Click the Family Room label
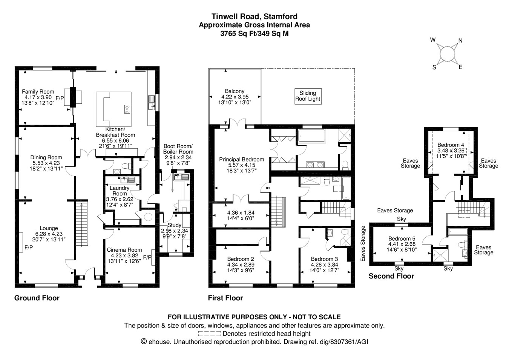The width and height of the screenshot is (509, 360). click(x=38, y=91)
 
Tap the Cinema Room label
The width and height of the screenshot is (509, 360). click(x=124, y=249)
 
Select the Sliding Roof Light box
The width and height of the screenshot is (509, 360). click(x=308, y=96)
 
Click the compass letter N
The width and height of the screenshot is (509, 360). click(x=460, y=41)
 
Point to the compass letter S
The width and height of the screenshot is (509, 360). click(x=434, y=68)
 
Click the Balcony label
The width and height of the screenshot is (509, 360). click(x=235, y=91)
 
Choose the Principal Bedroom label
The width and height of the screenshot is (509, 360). click(x=242, y=159)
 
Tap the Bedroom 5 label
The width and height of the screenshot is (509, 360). click(x=402, y=238)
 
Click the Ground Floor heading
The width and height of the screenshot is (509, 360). click(x=37, y=298)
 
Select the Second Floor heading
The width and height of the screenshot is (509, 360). click(x=391, y=276)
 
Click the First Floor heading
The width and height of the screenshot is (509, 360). click(x=225, y=298)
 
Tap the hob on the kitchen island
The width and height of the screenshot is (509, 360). click(x=127, y=109)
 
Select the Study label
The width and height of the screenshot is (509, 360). click(x=175, y=225)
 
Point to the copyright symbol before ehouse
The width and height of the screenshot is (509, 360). click(x=144, y=342)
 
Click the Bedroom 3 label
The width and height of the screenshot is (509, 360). click(x=324, y=259)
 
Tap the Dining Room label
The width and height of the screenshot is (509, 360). click(x=46, y=157)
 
